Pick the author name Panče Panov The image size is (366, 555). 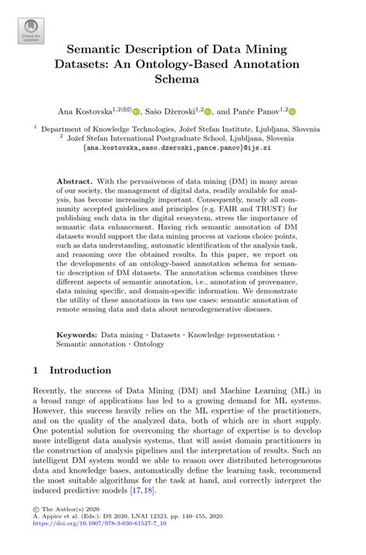tap(262, 111)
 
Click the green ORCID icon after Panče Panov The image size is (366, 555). tap(293, 111)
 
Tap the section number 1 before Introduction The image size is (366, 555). tap(36, 371)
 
